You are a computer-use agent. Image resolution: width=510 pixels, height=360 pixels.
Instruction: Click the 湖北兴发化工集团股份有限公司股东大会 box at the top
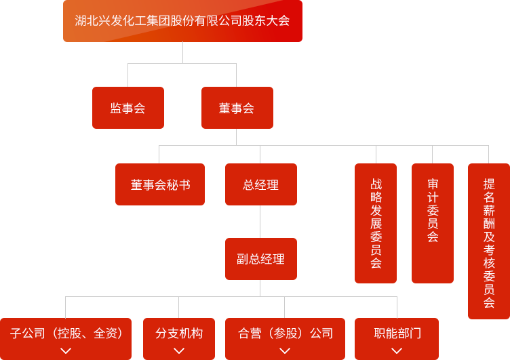(182, 20)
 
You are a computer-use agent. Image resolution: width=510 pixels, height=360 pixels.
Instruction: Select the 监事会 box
(127, 108)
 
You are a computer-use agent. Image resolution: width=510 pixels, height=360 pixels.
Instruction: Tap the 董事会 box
(237, 108)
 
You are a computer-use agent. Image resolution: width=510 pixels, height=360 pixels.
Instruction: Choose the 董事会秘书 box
(160, 185)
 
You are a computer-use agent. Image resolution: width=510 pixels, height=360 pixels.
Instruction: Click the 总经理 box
(260, 185)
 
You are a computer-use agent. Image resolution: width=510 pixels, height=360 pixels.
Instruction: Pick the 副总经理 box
(260, 259)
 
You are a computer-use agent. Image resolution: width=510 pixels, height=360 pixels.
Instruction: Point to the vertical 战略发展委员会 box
(376, 224)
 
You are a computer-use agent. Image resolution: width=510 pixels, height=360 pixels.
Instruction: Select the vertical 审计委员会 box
(433, 224)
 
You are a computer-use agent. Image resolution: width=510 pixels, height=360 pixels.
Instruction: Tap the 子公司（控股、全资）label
(66, 333)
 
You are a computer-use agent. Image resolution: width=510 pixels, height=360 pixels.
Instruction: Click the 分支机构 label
(179, 333)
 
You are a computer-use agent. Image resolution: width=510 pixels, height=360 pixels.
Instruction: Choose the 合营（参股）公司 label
(286, 333)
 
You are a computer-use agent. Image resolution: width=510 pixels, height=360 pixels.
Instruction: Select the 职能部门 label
(397, 333)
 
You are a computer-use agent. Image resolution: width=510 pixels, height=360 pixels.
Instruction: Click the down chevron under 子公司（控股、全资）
(66, 351)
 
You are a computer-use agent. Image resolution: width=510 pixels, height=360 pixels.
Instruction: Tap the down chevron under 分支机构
(179, 351)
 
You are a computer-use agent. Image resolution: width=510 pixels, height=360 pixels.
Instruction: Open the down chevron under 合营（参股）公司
(285, 351)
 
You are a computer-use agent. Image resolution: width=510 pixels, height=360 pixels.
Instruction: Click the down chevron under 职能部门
(397, 351)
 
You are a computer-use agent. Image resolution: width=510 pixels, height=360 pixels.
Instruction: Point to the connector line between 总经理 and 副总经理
(260, 222)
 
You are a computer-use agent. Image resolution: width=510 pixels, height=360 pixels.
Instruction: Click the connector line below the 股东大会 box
(182, 52)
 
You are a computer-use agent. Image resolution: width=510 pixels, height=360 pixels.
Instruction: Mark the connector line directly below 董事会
(235, 137)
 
